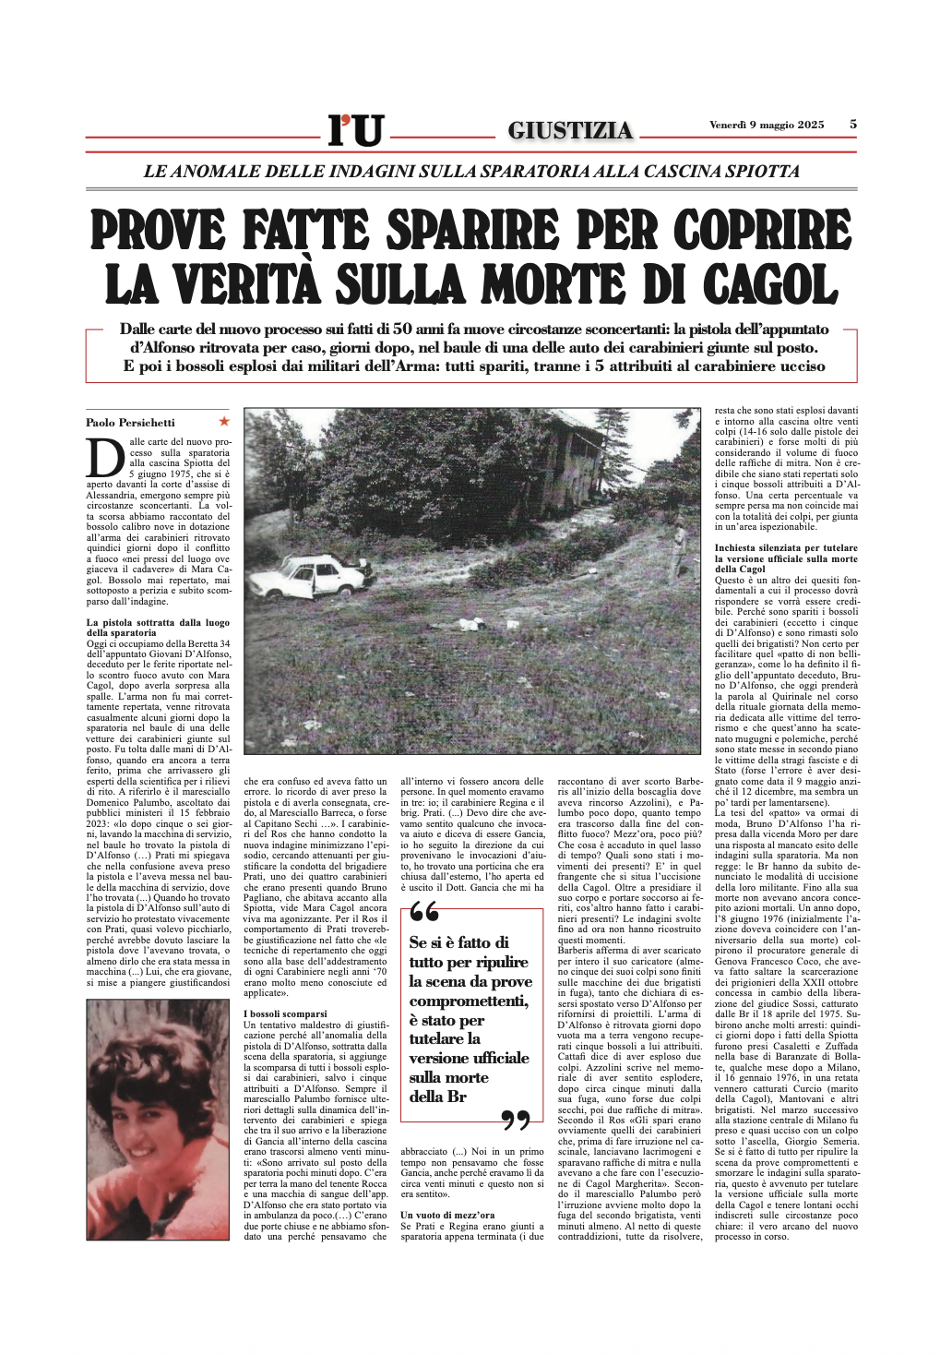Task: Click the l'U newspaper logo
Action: coord(355,130)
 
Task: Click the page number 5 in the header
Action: coord(852,125)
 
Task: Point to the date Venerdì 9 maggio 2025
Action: coord(767,126)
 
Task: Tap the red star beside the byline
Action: coord(223,421)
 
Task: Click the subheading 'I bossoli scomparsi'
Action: coord(285,1013)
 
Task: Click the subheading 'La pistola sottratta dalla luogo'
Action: coord(158,623)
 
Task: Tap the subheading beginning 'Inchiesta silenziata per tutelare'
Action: coord(786,548)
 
